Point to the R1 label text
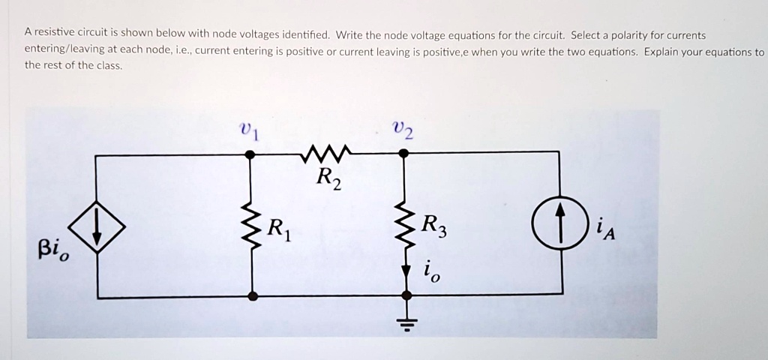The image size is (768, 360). [279, 227]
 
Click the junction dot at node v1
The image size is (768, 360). [250, 154]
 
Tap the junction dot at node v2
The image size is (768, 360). [403, 153]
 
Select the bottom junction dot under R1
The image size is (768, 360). [253, 296]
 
